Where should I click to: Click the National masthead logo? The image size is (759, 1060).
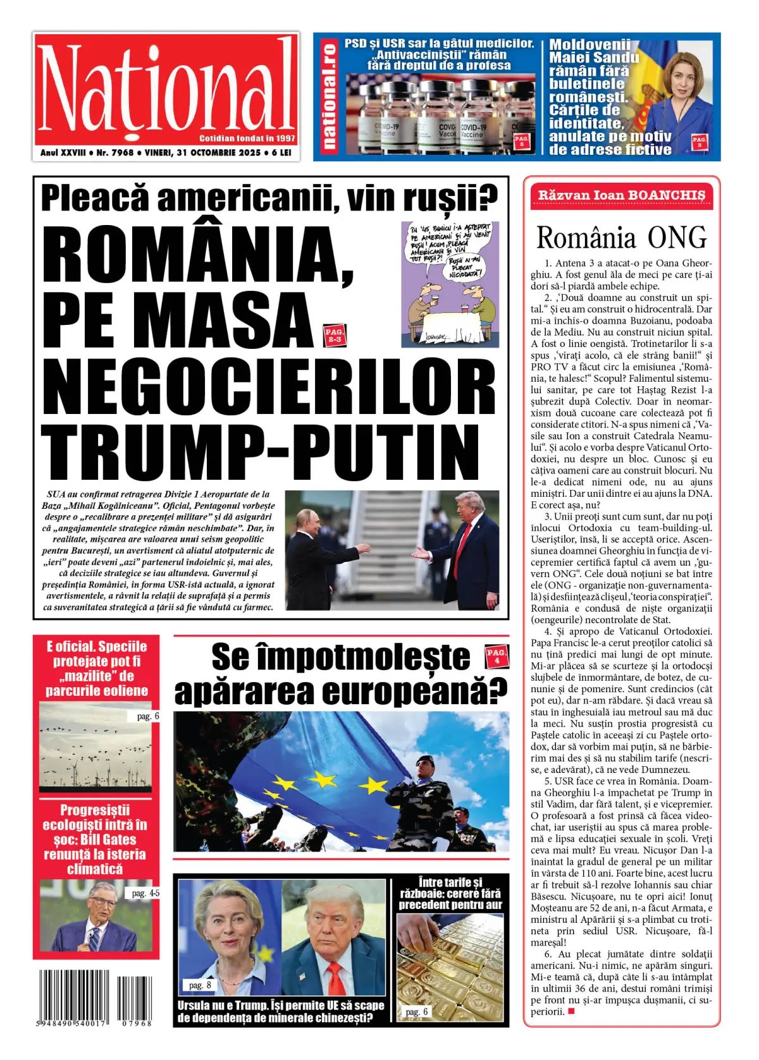pos(166,88)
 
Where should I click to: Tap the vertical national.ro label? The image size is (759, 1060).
pos(329,96)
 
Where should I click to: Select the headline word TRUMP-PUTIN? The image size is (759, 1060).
pos(261,453)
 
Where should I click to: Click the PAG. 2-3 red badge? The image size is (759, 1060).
pos(334,335)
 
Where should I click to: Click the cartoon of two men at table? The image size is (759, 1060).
pos(450,284)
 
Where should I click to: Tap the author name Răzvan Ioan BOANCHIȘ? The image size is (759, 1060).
pos(621,195)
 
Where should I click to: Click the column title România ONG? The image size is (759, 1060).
pos(621,238)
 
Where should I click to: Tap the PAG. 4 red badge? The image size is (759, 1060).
pos(497,656)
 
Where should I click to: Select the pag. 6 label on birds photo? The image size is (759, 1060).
pos(148,716)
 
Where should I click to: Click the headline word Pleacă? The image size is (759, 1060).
pos(95,198)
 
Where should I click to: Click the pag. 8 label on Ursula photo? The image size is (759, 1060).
pos(200,985)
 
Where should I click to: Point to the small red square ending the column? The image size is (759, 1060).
pos(571,1011)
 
